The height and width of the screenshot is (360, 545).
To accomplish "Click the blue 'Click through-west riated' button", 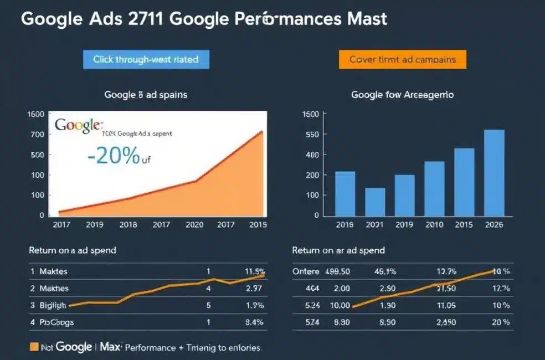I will pos(146,59).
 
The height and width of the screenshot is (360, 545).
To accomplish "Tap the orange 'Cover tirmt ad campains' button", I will pos(403,59).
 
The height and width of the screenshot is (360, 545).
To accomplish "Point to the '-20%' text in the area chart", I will pos(114,157).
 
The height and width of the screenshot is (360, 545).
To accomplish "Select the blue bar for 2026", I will pos(494,172).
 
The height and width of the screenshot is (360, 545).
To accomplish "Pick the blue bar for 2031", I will pos(375,202).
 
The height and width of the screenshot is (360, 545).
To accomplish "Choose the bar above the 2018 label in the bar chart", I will pos(345,193).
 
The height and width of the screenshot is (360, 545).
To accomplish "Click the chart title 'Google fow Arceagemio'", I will pos(403,95).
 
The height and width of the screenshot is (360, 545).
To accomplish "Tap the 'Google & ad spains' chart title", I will pos(146,95).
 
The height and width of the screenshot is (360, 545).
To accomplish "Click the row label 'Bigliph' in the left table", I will pos(53,305).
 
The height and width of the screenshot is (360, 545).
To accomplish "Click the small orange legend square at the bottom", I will pos(34,347).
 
